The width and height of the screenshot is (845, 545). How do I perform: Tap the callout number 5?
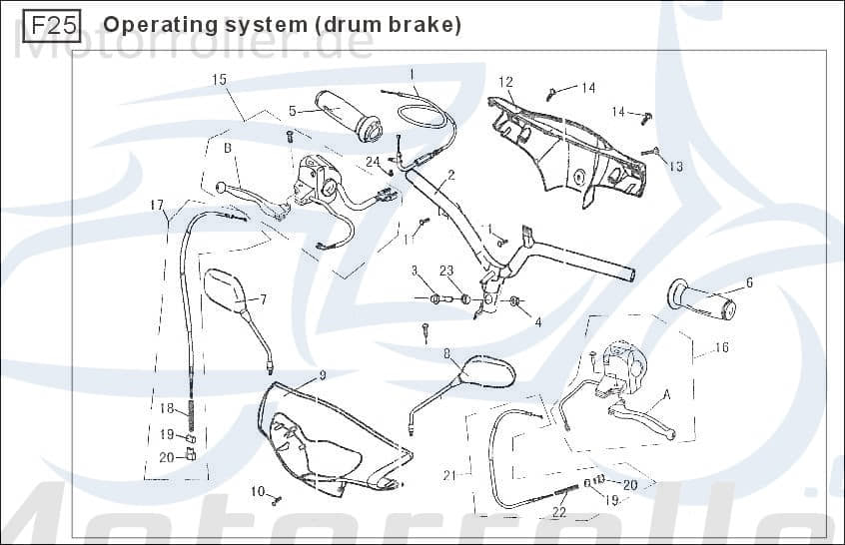click(x=293, y=111)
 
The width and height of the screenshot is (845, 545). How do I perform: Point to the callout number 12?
click(x=505, y=82)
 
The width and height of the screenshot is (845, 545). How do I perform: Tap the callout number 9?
click(x=323, y=375)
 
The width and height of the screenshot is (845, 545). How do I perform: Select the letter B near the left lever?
click(x=228, y=149)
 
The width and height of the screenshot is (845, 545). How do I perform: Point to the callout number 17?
click(x=157, y=206)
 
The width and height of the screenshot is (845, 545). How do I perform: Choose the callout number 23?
click(x=445, y=271)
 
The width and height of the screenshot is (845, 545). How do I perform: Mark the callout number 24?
click(x=373, y=161)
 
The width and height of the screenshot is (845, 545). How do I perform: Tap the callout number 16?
click(x=721, y=347)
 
